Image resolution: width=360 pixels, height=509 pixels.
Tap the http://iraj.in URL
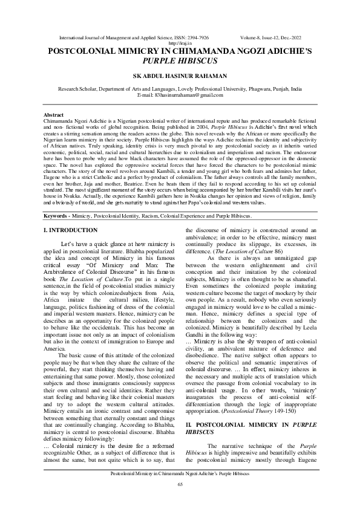point(180,43)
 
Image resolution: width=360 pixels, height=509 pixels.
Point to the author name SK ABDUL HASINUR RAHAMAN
point(180,77)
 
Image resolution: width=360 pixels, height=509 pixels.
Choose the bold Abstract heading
point(54,115)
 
